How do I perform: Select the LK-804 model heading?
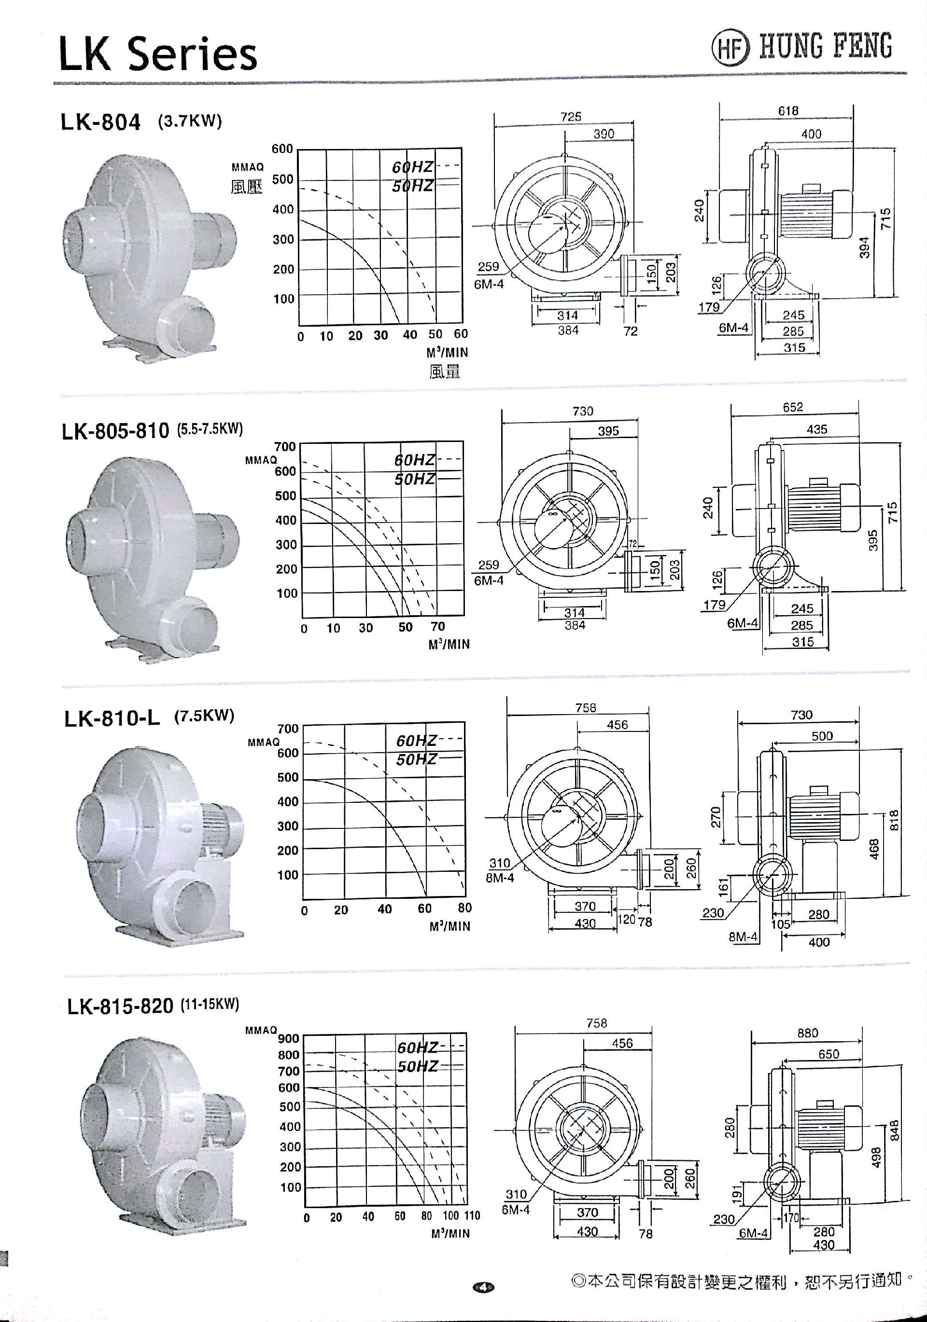point(100,122)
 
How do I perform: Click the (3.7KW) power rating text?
point(190,122)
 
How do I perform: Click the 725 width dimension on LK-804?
point(571,116)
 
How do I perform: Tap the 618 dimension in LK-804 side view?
point(787,110)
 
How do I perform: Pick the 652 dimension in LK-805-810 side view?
point(792,407)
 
